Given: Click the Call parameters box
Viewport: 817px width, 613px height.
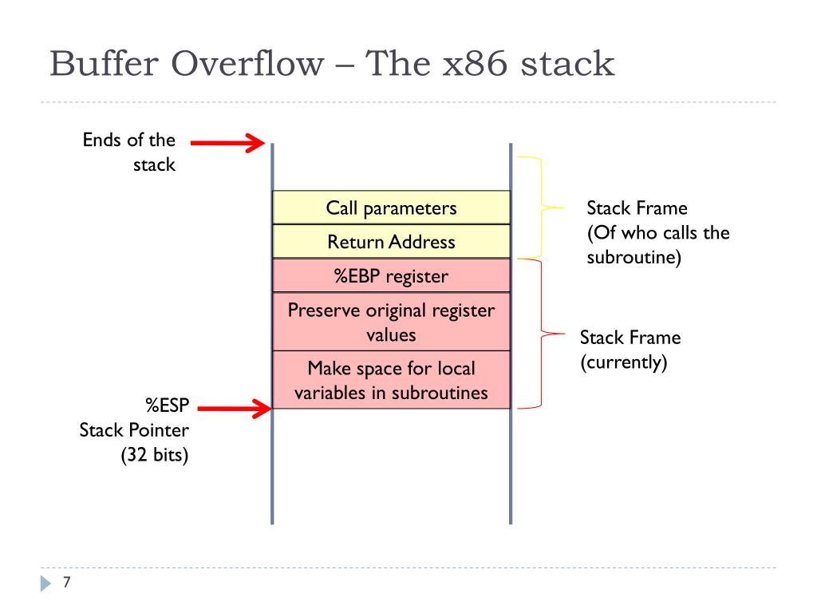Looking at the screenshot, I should (x=391, y=208).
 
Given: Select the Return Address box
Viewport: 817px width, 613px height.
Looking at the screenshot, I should (x=391, y=242).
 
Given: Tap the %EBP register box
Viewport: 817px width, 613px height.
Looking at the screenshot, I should (x=391, y=276).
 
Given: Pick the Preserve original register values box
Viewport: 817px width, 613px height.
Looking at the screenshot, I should (x=391, y=322).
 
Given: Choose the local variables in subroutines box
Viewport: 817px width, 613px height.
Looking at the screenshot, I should (x=391, y=380).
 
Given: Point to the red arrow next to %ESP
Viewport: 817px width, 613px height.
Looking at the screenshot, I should (x=234, y=409).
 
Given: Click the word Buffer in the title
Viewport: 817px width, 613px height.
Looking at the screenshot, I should (x=98, y=64).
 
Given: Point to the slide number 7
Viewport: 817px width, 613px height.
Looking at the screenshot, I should (x=67, y=583).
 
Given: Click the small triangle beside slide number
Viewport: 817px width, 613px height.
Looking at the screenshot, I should (x=45, y=584).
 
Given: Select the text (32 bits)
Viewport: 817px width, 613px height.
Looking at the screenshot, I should (x=155, y=457).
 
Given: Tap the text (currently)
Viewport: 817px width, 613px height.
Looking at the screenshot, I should (x=622, y=363).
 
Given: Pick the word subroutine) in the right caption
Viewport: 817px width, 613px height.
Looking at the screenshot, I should (x=633, y=259).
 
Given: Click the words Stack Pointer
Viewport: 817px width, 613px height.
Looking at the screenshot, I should (x=134, y=431).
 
